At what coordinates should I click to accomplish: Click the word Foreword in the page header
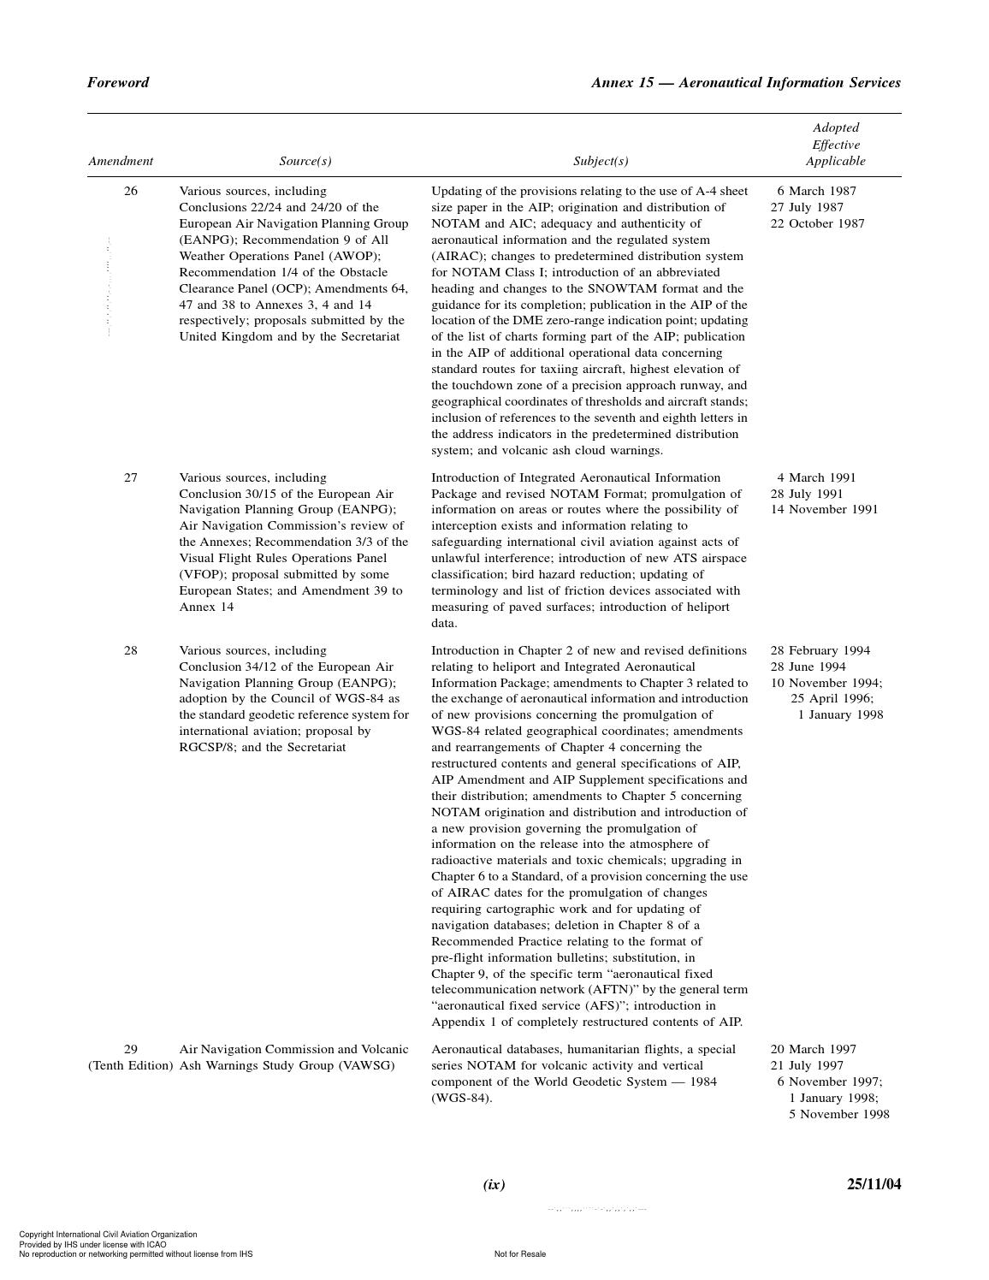(118, 83)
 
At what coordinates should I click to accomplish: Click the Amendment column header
(121, 161)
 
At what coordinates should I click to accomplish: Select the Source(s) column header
(305, 161)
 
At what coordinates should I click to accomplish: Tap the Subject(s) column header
(601, 161)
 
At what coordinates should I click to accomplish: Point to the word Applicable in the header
(835, 161)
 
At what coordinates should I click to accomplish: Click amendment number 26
(131, 191)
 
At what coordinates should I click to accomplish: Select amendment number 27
(131, 477)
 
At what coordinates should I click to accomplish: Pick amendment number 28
(131, 650)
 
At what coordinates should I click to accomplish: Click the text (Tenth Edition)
(131, 1065)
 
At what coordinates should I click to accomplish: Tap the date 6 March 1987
(816, 191)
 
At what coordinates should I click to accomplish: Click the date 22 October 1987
(817, 223)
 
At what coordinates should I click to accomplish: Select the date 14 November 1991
(824, 509)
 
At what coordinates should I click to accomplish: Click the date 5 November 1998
(838, 1114)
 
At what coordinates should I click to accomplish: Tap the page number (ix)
(494, 1184)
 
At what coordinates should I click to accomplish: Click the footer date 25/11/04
(874, 1184)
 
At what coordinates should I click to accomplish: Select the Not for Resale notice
(519, 1254)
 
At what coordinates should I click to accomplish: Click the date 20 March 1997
(813, 1049)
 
